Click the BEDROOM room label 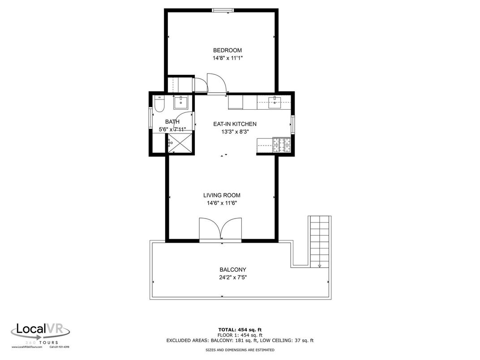[x=227, y=50]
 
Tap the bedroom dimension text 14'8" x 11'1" [x=227, y=58]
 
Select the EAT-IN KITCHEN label [x=235, y=124]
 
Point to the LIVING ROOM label [x=222, y=195]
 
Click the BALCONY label [x=232, y=270]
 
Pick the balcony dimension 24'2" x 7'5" [x=233, y=277]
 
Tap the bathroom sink [x=181, y=102]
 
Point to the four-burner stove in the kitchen [x=280, y=145]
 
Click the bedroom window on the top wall [x=222, y=10]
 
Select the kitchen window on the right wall [x=292, y=124]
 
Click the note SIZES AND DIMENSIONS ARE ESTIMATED [x=240, y=350]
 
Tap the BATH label [x=172, y=122]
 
